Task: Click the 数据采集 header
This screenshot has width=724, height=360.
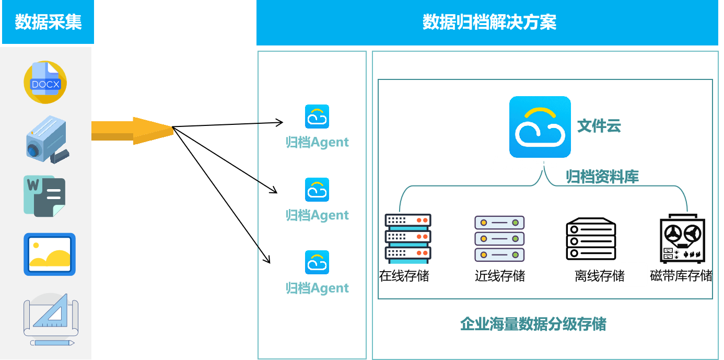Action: (x=48, y=22)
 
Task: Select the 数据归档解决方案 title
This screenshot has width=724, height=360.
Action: (x=489, y=22)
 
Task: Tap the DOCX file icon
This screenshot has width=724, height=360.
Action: (x=45, y=83)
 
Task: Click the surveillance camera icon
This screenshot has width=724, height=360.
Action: (x=46, y=139)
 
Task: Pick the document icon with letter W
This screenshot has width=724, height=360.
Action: (x=44, y=196)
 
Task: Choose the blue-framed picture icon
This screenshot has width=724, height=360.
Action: (x=50, y=254)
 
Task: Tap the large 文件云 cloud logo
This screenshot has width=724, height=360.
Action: (x=540, y=127)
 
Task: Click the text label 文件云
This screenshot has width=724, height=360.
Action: (x=599, y=126)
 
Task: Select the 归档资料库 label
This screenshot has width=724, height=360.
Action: (x=602, y=177)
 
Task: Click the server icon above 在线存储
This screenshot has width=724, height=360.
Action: (x=407, y=238)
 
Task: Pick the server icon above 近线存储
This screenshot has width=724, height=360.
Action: (x=499, y=239)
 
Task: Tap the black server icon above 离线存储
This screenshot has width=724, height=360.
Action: (x=591, y=239)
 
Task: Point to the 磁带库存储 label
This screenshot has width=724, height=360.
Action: (x=681, y=275)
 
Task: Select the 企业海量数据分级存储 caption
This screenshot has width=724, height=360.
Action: (x=533, y=324)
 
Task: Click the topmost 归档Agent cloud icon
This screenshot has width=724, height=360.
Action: (x=317, y=117)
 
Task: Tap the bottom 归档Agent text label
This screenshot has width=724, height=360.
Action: (x=317, y=288)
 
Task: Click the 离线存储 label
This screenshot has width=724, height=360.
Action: (x=599, y=275)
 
